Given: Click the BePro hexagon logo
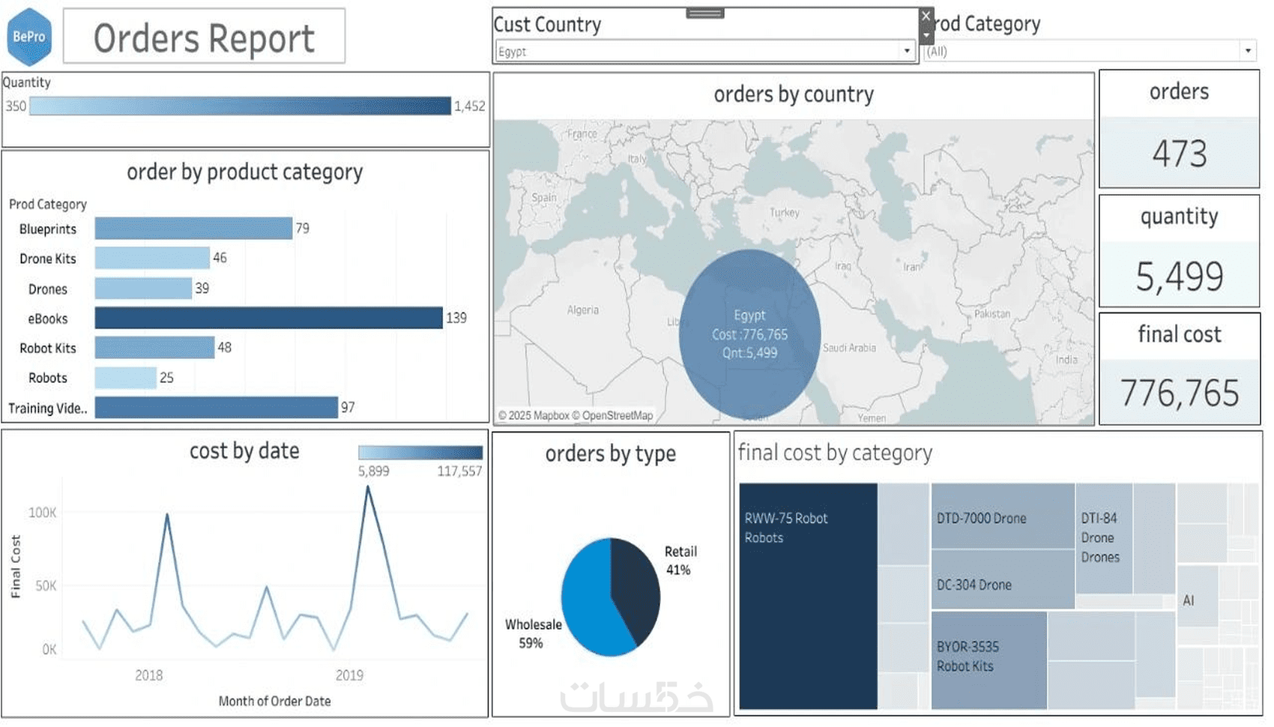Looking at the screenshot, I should (29, 37).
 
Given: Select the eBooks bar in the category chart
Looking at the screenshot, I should (268, 318).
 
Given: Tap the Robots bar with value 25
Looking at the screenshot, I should (125, 378).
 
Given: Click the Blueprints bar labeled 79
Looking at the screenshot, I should (193, 229).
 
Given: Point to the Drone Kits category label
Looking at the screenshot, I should (48, 259).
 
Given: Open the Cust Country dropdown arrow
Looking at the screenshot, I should (907, 51).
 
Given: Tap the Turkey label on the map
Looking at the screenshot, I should (785, 213).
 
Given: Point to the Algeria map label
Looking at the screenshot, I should (583, 310).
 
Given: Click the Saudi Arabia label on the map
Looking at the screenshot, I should (849, 348).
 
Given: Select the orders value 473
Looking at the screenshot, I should (1180, 154).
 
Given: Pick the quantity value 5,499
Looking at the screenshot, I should (1180, 276).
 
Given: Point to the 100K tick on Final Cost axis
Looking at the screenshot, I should (43, 513).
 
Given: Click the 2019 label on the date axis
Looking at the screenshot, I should (349, 675).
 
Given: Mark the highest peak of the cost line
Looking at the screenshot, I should (367, 487).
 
